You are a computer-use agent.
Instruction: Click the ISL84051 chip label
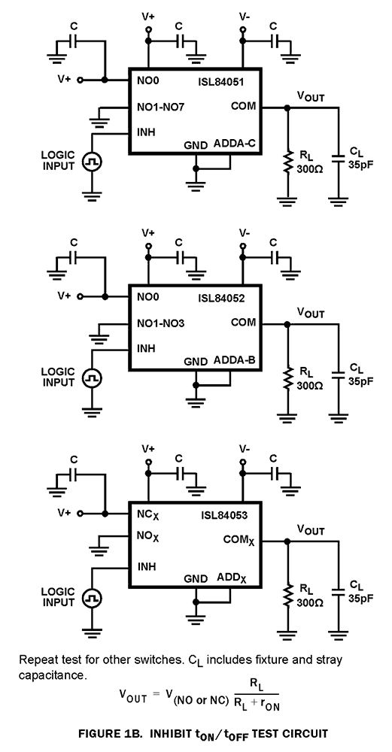tap(220, 77)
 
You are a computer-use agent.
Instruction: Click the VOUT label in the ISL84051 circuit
tap(311, 96)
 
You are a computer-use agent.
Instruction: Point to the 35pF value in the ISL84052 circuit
tap(360, 381)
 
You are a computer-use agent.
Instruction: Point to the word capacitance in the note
tap(45, 676)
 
